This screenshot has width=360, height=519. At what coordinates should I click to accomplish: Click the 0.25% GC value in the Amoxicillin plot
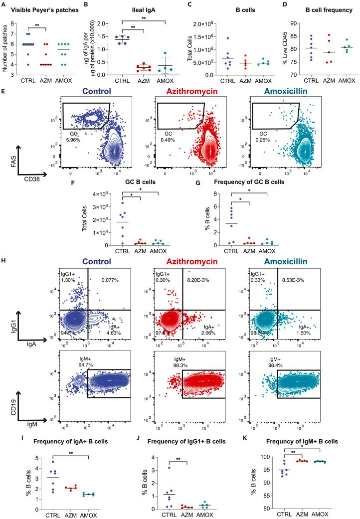click(x=265, y=141)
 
